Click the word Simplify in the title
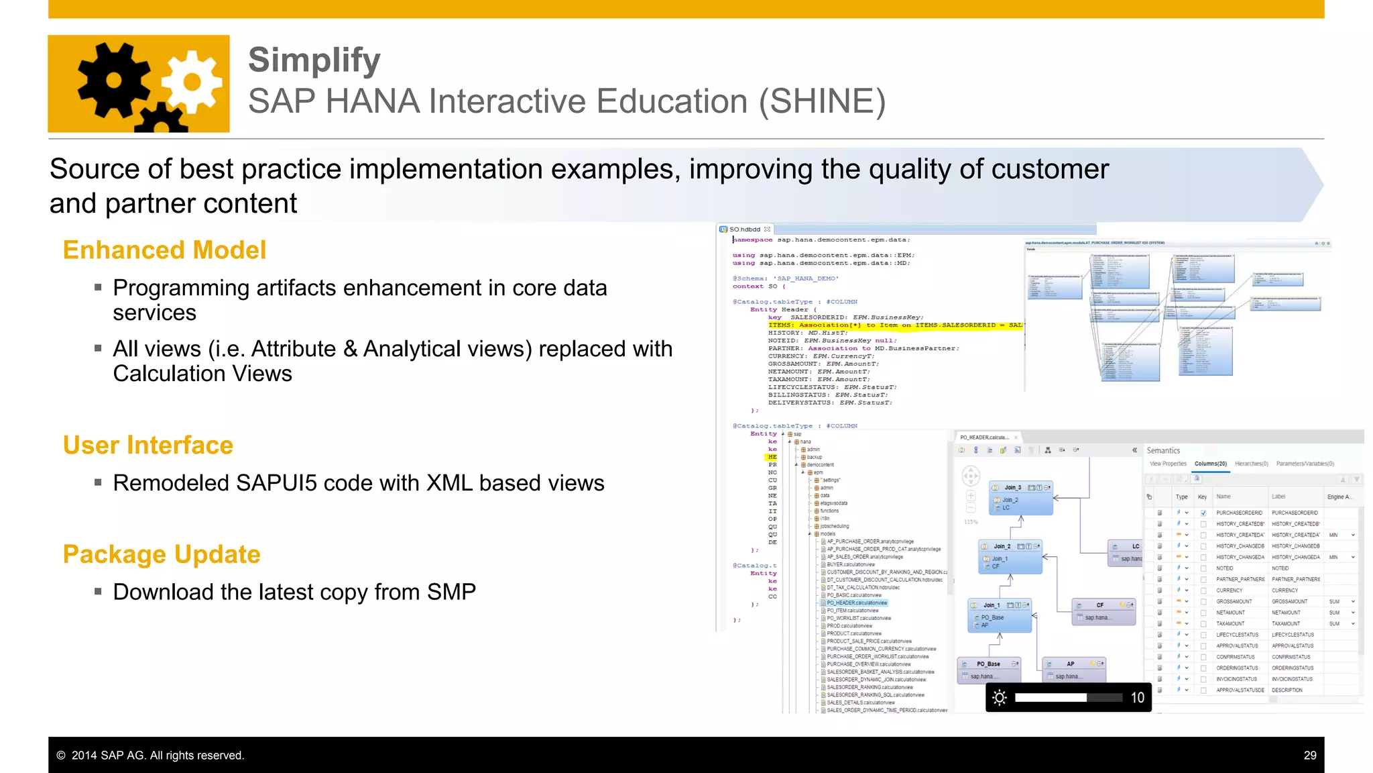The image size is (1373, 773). (314, 60)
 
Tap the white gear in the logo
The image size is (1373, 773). (192, 82)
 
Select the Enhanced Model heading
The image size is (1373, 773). (164, 250)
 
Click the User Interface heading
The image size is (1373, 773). (147, 446)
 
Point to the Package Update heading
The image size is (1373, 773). (161, 555)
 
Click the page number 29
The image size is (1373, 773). (1309, 756)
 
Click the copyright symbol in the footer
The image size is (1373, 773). (61, 756)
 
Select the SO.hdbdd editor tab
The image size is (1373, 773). (744, 229)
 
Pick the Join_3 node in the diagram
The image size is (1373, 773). (1012, 488)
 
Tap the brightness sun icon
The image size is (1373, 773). (999, 698)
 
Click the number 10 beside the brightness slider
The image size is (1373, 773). (1137, 698)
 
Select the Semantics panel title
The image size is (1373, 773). (1163, 451)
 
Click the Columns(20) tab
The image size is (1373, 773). (1210, 464)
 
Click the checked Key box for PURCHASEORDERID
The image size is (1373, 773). (1203, 513)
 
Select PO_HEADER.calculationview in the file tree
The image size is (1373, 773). (856, 603)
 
